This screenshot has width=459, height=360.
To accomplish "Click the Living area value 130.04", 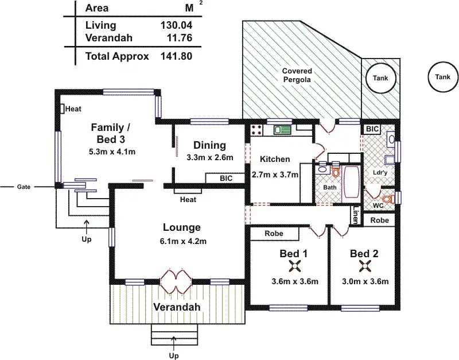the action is click(176, 25).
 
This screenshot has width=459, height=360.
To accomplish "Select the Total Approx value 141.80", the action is click(176, 56).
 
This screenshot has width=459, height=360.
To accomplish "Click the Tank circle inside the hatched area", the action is click(380, 78).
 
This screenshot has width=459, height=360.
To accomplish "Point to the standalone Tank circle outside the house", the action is click(442, 77).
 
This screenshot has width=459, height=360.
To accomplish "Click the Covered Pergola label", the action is click(297, 75).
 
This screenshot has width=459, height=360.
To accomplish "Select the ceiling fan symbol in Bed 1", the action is click(294, 266).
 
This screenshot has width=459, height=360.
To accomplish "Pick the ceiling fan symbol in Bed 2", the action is click(365, 266).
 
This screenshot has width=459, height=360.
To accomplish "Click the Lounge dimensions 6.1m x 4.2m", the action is click(183, 241).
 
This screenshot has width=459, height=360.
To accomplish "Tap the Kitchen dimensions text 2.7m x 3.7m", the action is click(275, 175).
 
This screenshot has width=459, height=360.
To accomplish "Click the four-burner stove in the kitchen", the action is click(257, 130).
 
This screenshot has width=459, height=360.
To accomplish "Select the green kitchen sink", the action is click(282, 130).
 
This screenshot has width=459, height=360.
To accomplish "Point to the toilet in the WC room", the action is click(388, 199).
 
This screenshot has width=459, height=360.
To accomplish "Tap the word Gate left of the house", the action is click(24, 187).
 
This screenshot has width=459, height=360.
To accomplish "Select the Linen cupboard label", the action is click(355, 215).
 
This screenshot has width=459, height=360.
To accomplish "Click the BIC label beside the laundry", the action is click(372, 129).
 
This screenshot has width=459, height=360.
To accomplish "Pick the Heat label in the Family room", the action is click(73, 109).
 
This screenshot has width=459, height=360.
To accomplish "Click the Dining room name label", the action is click(209, 145).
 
